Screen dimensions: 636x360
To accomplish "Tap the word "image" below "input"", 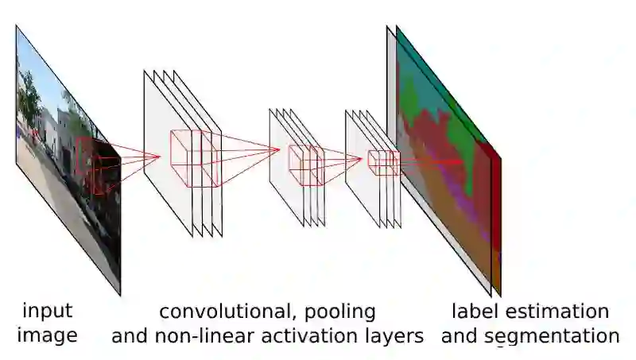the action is (x=47, y=335).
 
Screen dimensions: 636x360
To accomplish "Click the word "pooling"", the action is (x=343, y=311).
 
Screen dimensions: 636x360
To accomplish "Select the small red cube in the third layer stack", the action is (x=382, y=162).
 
